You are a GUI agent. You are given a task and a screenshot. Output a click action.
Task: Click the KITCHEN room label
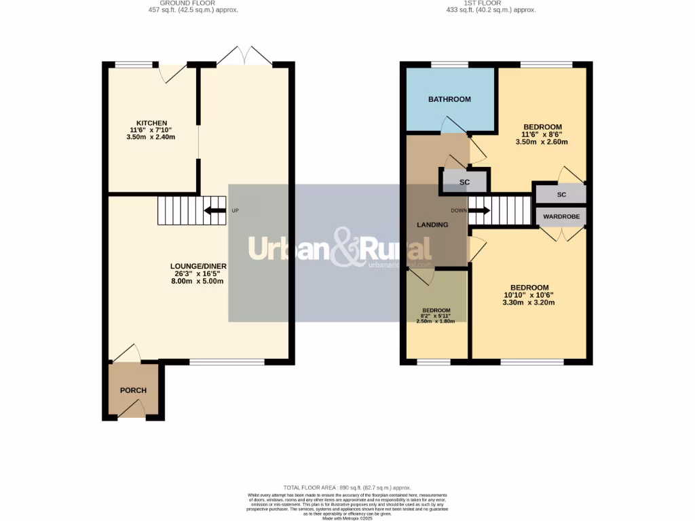151,123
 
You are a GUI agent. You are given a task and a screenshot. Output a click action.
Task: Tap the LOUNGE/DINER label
199,266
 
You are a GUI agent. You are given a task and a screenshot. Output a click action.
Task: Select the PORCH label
134,390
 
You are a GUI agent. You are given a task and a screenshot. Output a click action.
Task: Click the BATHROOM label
449,100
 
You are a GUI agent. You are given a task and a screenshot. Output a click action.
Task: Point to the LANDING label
432,225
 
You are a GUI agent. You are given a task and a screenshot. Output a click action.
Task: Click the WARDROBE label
561,217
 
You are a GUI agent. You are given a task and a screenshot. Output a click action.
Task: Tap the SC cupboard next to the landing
465,182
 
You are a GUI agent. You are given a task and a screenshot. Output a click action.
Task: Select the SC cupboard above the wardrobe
561,195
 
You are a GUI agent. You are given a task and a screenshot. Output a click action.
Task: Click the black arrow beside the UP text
216,210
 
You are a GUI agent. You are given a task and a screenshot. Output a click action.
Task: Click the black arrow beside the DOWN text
479,210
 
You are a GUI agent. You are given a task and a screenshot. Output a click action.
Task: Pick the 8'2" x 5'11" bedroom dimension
436,315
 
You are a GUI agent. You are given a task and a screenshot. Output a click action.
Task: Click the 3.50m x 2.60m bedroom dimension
542,142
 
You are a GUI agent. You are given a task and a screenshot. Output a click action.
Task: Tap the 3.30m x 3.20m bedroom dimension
529,303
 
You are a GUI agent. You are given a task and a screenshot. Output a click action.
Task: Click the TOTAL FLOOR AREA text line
347,488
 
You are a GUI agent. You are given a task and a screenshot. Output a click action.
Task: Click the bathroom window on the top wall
449,64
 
